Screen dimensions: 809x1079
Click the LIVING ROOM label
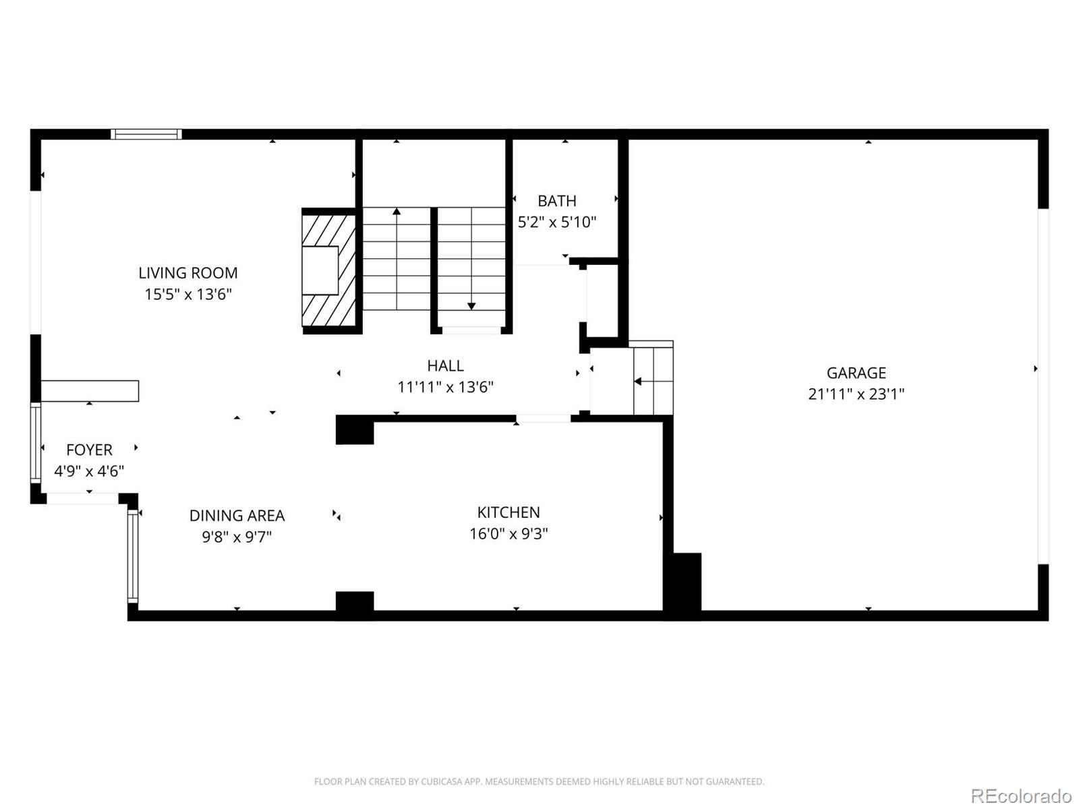[x=187, y=273]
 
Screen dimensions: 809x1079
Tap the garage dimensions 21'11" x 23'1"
[x=856, y=394]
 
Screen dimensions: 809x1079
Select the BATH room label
[x=556, y=201]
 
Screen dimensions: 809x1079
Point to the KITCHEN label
[x=508, y=512]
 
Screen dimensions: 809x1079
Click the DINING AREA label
[x=237, y=516]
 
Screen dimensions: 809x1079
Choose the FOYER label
[x=89, y=450]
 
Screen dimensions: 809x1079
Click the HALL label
[x=445, y=365]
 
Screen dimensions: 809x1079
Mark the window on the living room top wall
[x=146, y=134]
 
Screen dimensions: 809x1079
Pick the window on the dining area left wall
[x=133, y=556]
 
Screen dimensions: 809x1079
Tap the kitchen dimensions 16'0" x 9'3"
[x=508, y=534]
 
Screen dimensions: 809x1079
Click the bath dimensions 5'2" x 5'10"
[x=556, y=222]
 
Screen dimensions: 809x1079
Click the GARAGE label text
[x=856, y=373]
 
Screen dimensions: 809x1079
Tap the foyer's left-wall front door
[x=36, y=442]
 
